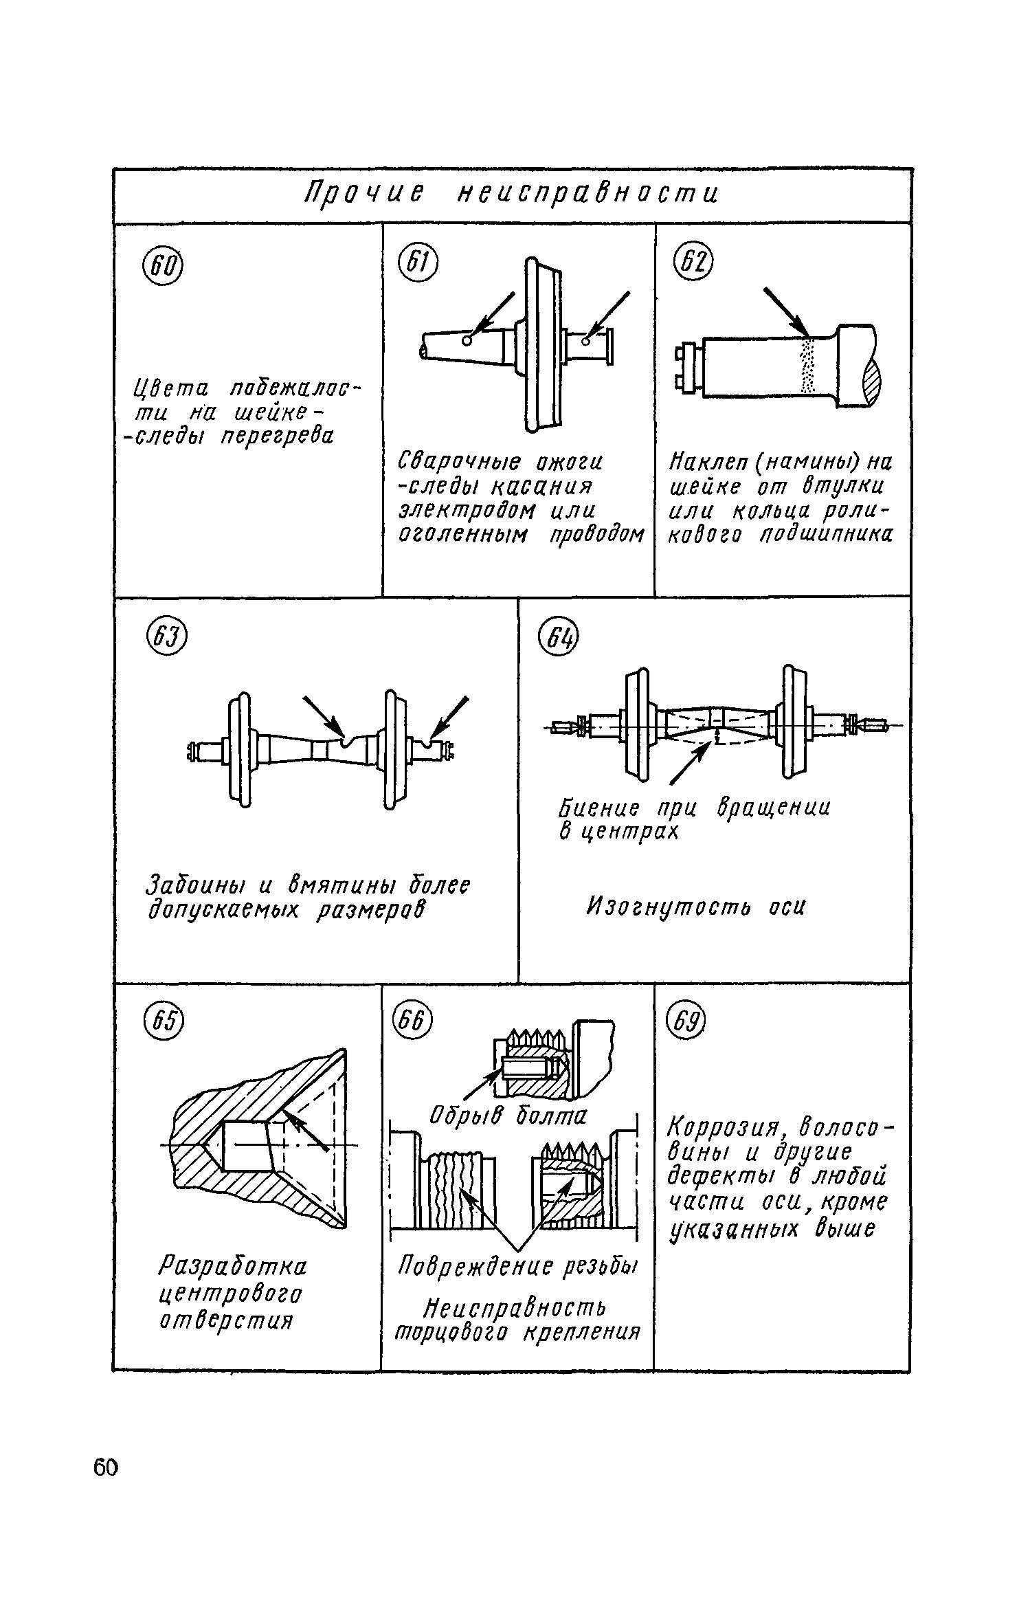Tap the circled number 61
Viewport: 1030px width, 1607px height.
(417, 264)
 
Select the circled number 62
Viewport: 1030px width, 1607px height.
(694, 264)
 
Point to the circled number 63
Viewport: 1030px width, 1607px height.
(167, 639)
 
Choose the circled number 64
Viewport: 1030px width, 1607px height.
(559, 639)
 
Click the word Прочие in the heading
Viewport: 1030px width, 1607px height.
(363, 195)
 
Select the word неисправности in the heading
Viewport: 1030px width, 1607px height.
(587, 195)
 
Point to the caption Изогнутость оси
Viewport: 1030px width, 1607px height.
(695, 907)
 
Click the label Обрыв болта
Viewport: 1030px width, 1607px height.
(508, 1116)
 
